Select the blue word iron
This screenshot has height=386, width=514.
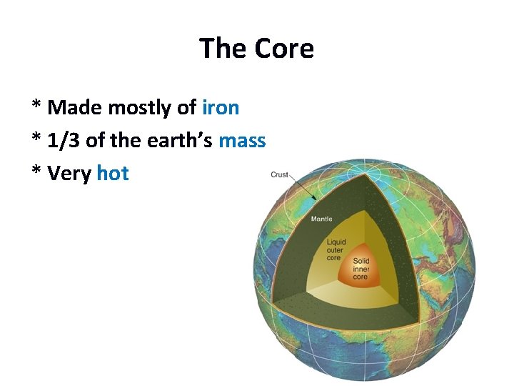pyautogui.click(x=221, y=108)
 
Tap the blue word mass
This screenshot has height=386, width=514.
pyautogui.click(x=242, y=141)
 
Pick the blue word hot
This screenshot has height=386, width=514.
pyautogui.click(x=113, y=174)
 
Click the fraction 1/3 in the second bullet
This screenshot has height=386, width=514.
pyautogui.click(x=64, y=141)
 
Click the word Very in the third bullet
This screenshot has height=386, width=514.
pyautogui.click(x=69, y=174)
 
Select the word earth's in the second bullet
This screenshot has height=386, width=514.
pyautogui.click(x=178, y=141)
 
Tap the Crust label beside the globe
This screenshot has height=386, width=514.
pyautogui.click(x=281, y=174)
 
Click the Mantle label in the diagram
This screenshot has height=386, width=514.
pyautogui.click(x=321, y=219)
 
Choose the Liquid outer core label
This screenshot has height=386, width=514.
pyautogui.click(x=336, y=250)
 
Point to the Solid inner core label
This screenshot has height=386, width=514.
pyautogui.click(x=361, y=269)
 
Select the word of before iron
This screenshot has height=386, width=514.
pyautogui.click(x=186, y=108)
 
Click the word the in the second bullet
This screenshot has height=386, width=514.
pyautogui.click(x=125, y=141)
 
